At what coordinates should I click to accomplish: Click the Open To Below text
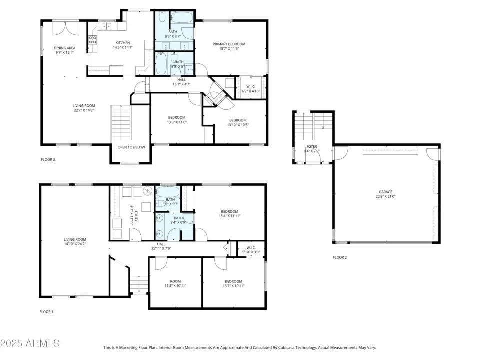pos(131,147)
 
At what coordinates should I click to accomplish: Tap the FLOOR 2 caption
pos(340,257)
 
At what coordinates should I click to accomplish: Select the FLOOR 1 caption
pos(46,311)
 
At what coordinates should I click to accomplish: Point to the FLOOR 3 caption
pos(48,160)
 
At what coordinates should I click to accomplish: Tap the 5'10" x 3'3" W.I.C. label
pos(249,250)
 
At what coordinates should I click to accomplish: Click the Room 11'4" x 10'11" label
pos(175,283)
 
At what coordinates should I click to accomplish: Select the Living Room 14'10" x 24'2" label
pos(75,242)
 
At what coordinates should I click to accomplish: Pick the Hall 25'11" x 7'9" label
pos(161,246)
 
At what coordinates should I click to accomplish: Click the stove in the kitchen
pos(92,40)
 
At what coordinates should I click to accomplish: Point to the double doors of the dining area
pos(65,28)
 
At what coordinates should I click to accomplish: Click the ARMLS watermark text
pos(30,343)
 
